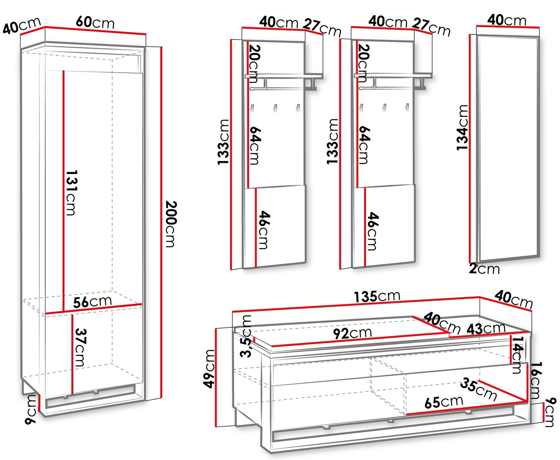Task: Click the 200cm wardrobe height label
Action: (x=171, y=224)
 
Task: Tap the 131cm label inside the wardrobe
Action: (x=71, y=193)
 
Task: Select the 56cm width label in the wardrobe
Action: (x=92, y=302)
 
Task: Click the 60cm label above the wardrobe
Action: (x=95, y=22)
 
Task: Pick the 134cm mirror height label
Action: (x=462, y=128)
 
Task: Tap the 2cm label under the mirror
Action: (x=484, y=269)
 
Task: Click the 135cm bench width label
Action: (x=377, y=297)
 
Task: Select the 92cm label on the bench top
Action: (x=352, y=333)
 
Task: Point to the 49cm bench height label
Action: (x=209, y=369)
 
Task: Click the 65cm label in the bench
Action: (x=444, y=402)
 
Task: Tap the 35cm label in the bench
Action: (x=478, y=389)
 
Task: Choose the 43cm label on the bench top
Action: (x=486, y=328)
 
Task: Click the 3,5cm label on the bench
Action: (x=246, y=336)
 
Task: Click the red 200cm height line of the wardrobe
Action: (x=161, y=222)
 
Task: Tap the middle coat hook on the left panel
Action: (x=275, y=108)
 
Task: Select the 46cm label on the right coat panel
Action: (x=373, y=231)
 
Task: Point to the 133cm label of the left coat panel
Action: (x=223, y=142)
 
